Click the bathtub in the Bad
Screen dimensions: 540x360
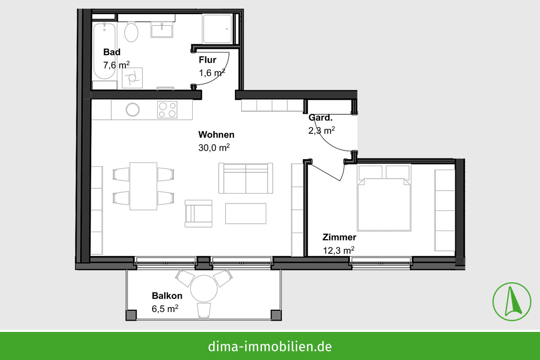click(x=104, y=51)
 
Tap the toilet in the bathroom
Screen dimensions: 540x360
click(x=131, y=32)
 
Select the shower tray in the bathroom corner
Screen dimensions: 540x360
click(x=217, y=29)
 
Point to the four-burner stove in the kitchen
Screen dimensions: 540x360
click(x=167, y=110)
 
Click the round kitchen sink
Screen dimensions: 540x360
click(x=133, y=110)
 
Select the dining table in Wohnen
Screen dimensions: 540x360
click(x=143, y=186)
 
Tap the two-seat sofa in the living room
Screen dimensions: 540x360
click(x=246, y=178)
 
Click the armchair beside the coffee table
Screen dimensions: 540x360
click(x=198, y=213)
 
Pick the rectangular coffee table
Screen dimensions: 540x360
click(x=246, y=214)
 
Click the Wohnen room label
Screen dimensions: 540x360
click(x=217, y=134)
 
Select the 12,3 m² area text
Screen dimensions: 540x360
click(x=339, y=250)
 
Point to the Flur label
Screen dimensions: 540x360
click(x=207, y=60)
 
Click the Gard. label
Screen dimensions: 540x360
click(x=321, y=118)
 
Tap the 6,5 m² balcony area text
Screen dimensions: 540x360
click(x=165, y=308)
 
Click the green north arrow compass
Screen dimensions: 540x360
click(x=512, y=302)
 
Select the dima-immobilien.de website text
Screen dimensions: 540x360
click(x=270, y=346)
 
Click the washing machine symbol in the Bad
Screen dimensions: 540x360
click(x=132, y=78)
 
